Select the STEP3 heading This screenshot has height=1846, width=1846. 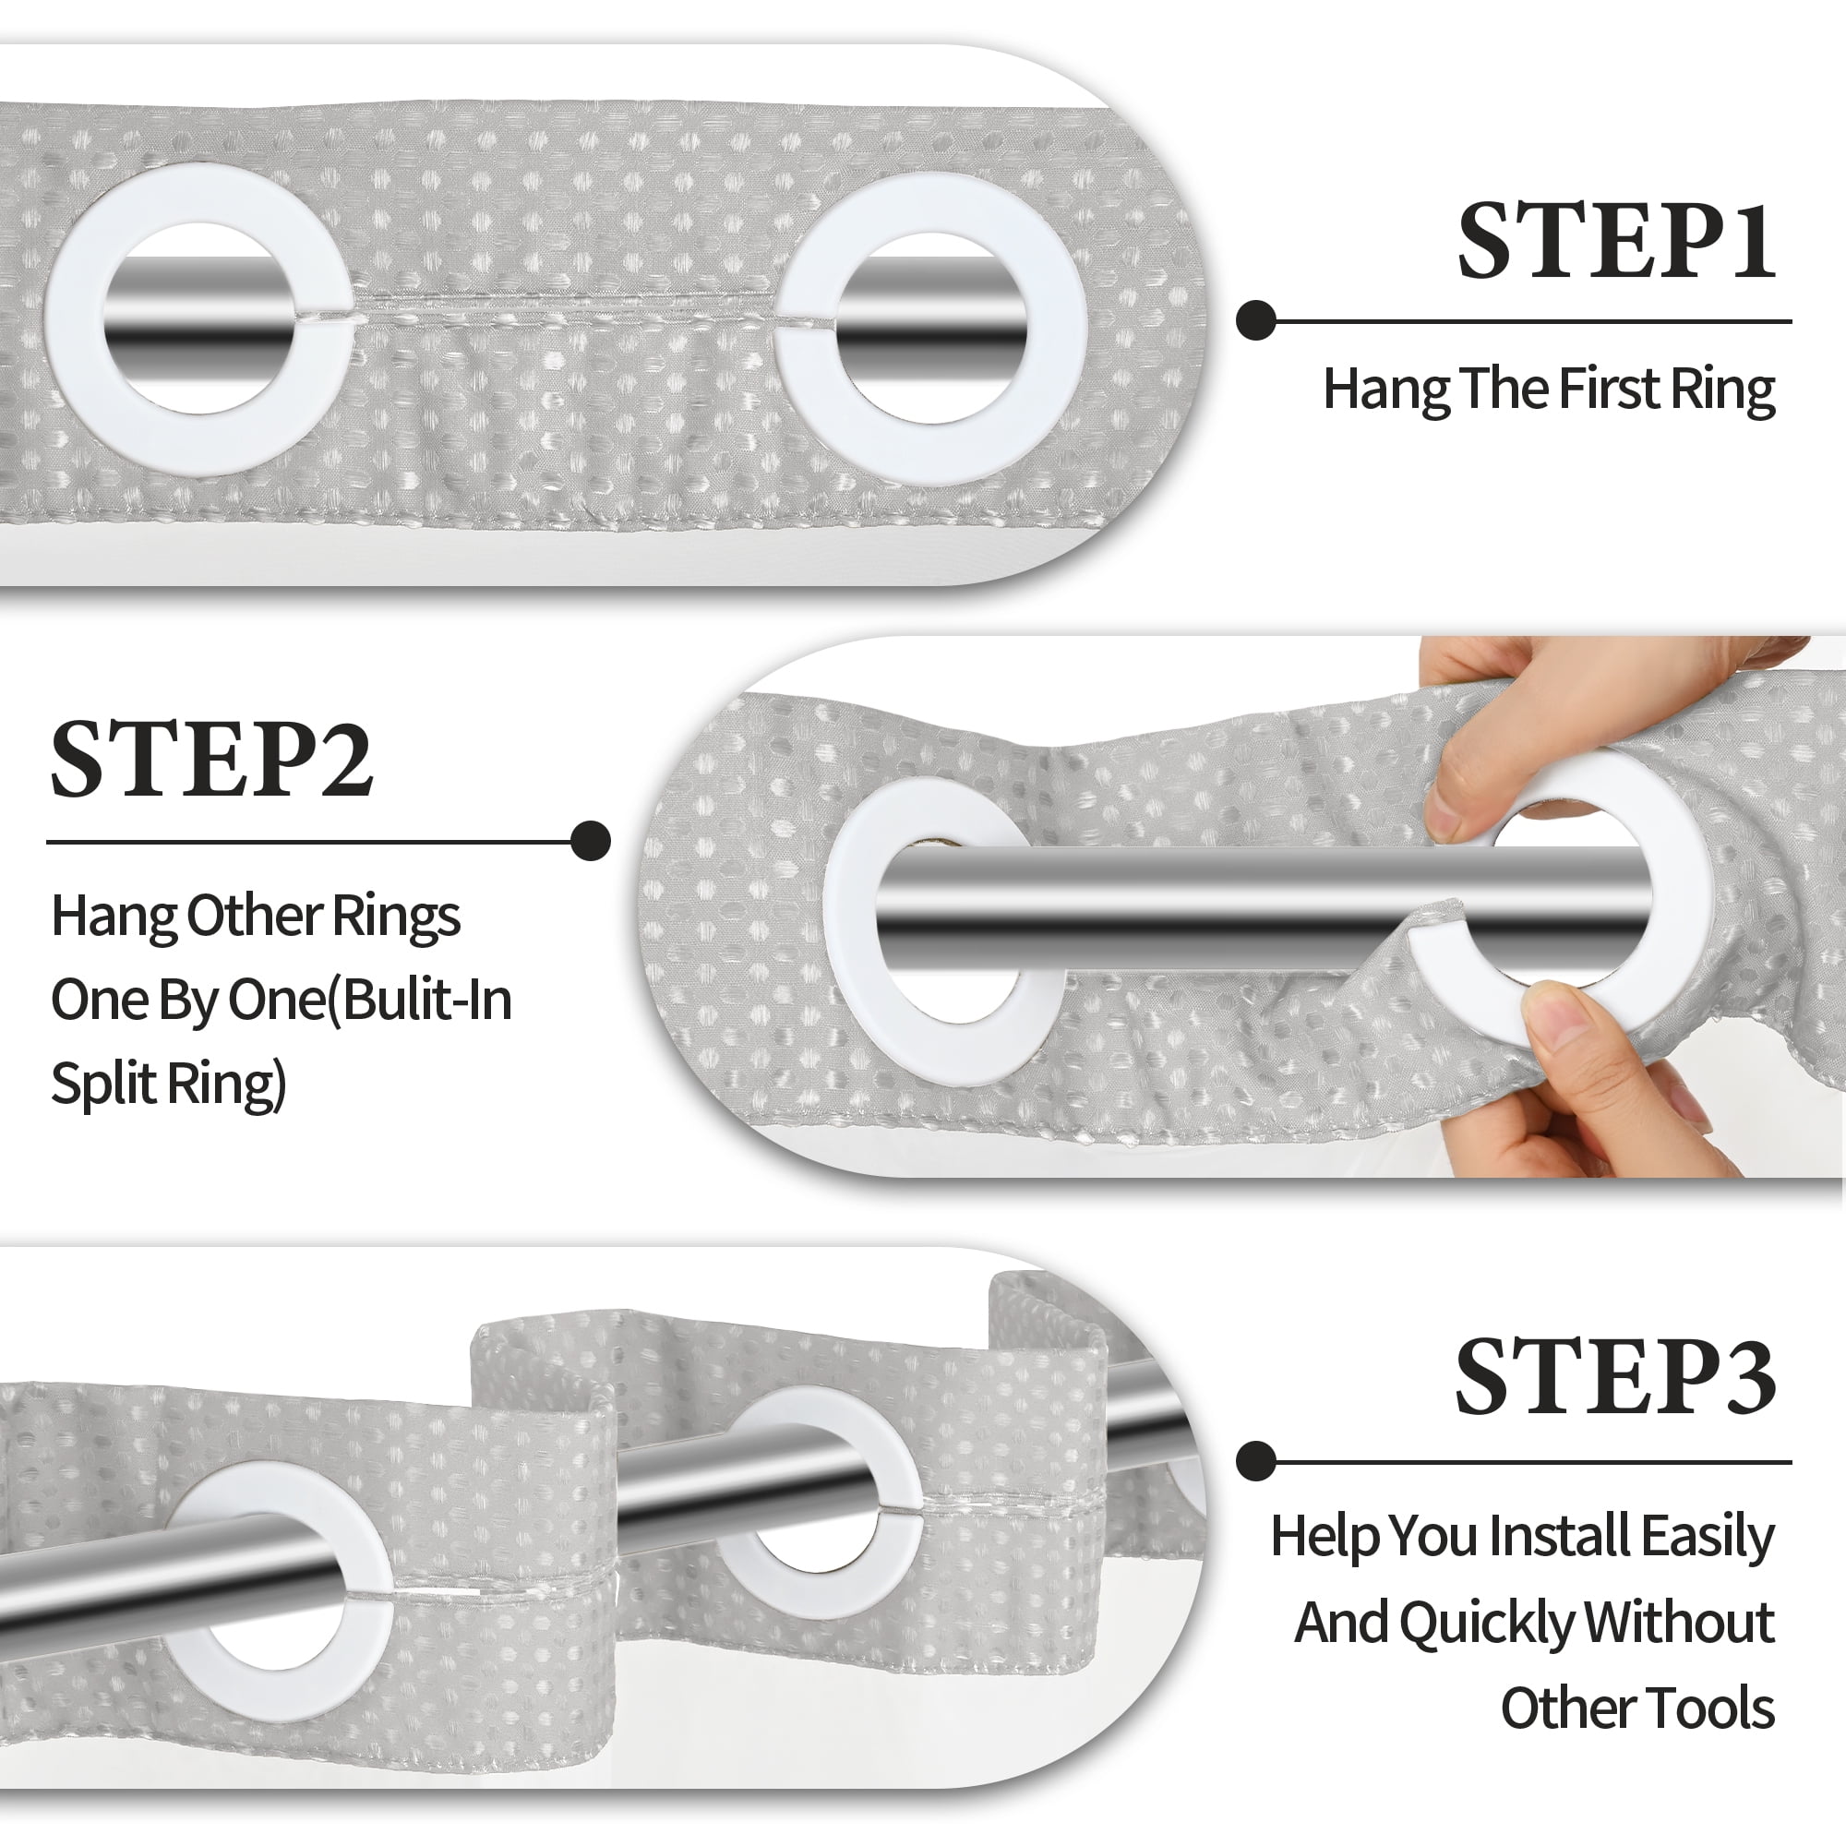pos(1614,1377)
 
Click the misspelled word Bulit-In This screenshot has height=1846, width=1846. pos(427,1000)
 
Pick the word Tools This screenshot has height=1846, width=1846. pos(1719,1708)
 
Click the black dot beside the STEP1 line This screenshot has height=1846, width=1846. pos(1256,321)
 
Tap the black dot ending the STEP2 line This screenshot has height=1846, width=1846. pos(591,841)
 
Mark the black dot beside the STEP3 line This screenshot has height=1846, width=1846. pos(1256,1461)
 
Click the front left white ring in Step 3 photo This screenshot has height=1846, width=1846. pos(368,1567)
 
